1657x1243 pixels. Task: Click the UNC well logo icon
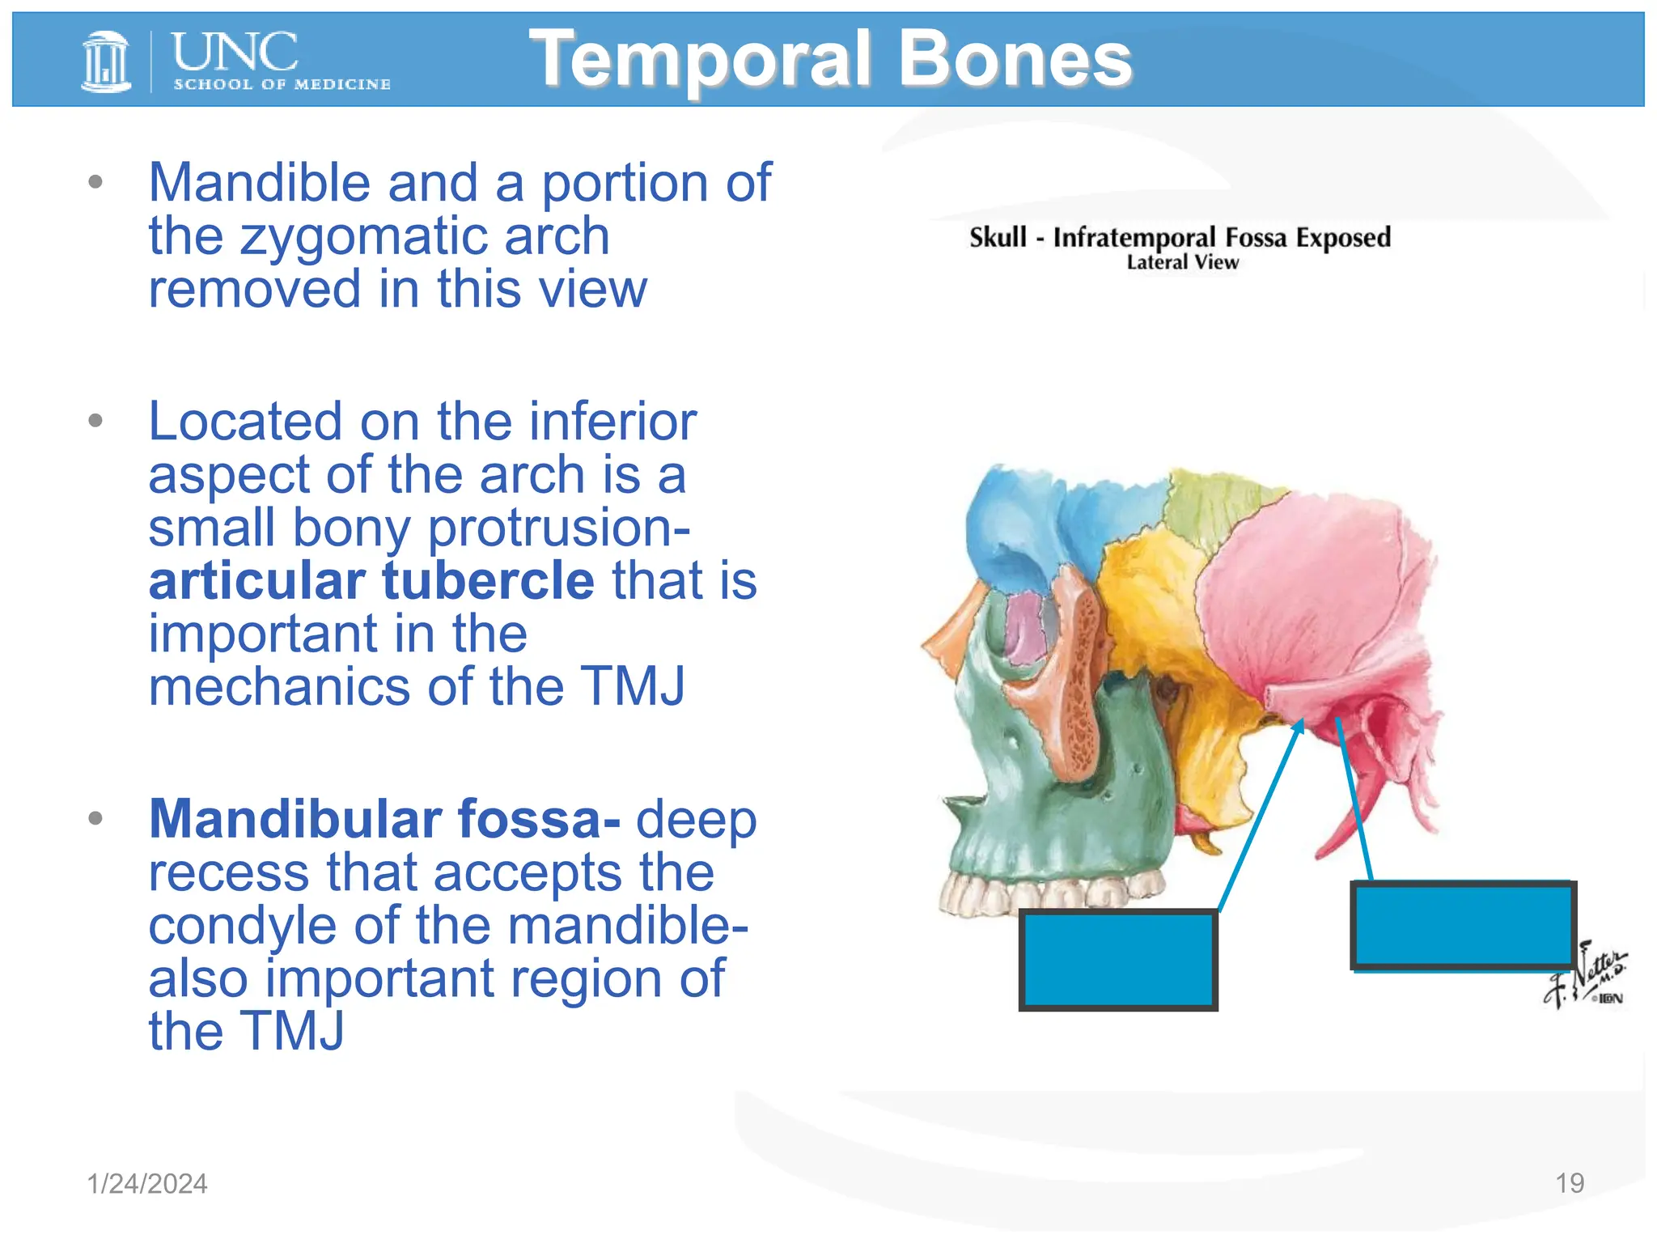tap(106, 61)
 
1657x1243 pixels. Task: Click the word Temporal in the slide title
tap(700, 59)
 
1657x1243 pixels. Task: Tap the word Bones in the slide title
tap(1015, 59)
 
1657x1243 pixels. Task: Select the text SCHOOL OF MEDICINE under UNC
tap(282, 84)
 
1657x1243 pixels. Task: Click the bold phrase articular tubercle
tap(371, 580)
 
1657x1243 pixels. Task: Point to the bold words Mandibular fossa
tap(384, 819)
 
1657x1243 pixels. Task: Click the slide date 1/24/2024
tap(147, 1183)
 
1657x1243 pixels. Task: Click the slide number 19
tap(1569, 1183)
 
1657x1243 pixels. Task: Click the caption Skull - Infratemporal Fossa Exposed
tap(1180, 237)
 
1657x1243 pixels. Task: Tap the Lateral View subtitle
tap(1182, 262)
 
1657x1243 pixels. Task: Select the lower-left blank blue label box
tap(1118, 960)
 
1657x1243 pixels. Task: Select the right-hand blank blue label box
tap(1463, 926)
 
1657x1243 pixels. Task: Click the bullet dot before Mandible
tap(95, 182)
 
